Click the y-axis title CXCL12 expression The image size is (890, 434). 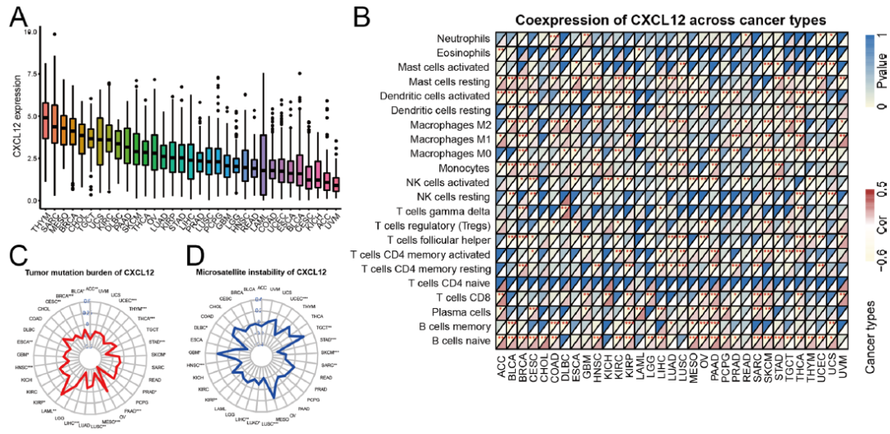coord(16,116)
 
